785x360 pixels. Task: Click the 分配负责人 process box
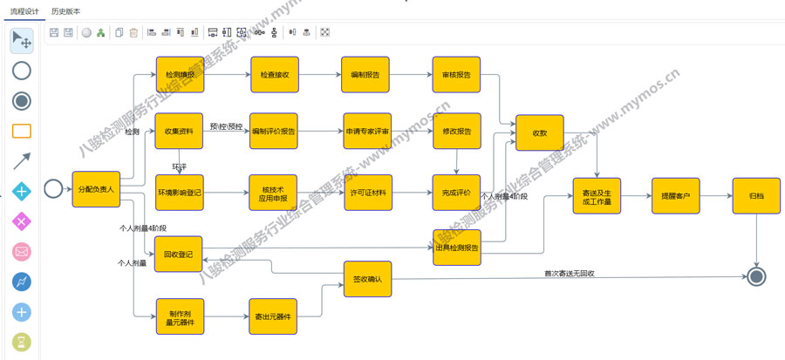(96, 189)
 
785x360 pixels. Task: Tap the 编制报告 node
(365, 75)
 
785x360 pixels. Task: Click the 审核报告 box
(456, 75)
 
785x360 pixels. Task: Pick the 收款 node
(539, 133)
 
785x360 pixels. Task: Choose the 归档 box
(755, 196)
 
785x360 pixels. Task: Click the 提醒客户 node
(675, 196)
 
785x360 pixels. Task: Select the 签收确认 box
(366, 281)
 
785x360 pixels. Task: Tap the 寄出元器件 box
(274, 316)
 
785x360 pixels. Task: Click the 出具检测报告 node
(457, 247)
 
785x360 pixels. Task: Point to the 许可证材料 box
(366, 192)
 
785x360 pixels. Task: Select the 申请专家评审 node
(366, 132)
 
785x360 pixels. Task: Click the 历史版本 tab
(66, 11)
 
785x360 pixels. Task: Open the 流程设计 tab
(24, 11)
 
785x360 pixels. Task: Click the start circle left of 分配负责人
(52, 189)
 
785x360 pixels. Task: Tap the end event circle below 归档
(756, 276)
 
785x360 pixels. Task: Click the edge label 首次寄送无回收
(569, 274)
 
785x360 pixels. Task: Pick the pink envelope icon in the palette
(22, 252)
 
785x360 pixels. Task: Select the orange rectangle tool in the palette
(22, 131)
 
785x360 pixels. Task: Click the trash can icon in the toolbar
(133, 33)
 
